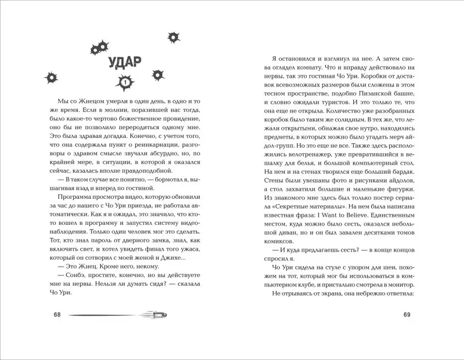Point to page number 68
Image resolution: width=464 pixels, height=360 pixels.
coord(56,314)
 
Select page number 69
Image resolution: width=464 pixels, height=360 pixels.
coord(407,314)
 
